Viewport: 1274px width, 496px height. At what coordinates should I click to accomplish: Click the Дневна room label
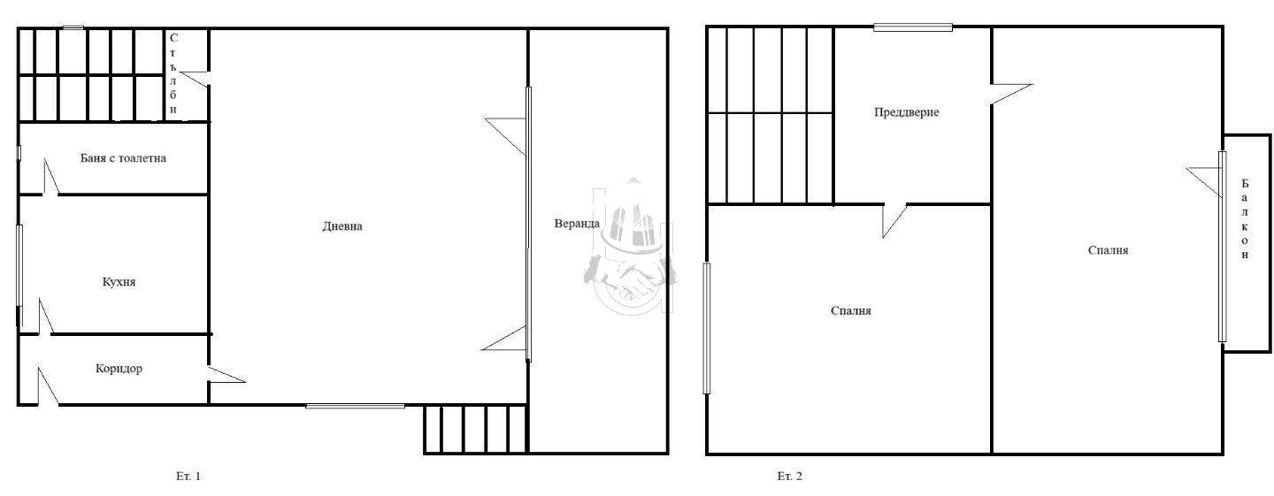[342, 226]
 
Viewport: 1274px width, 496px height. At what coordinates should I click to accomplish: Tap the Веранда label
[577, 224]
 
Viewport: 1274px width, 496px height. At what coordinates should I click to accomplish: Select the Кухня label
[119, 282]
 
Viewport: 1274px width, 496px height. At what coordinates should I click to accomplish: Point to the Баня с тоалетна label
[124, 158]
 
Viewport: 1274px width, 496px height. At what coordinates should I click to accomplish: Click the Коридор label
[119, 368]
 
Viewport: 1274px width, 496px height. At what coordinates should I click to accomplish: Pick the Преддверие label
[907, 112]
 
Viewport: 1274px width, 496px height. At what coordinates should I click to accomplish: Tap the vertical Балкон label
[1245, 219]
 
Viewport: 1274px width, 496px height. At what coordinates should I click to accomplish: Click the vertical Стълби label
[173, 74]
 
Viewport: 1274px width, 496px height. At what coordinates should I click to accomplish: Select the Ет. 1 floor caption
[188, 477]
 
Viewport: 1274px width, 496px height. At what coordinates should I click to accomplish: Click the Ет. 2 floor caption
[789, 477]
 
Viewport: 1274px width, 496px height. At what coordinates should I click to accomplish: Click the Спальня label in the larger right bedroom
[1108, 250]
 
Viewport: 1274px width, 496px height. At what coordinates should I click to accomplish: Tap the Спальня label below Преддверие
[851, 311]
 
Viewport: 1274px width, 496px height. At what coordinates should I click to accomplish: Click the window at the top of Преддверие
[913, 27]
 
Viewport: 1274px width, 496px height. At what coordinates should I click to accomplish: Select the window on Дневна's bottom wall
[356, 406]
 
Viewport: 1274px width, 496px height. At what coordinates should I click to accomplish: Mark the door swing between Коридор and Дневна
[226, 375]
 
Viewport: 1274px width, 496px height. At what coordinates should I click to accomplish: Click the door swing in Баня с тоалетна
[50, 177]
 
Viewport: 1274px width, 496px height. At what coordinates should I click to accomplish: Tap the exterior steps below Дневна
[475, 430]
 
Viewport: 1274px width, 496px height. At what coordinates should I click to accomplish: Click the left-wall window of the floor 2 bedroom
[706, 328]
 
